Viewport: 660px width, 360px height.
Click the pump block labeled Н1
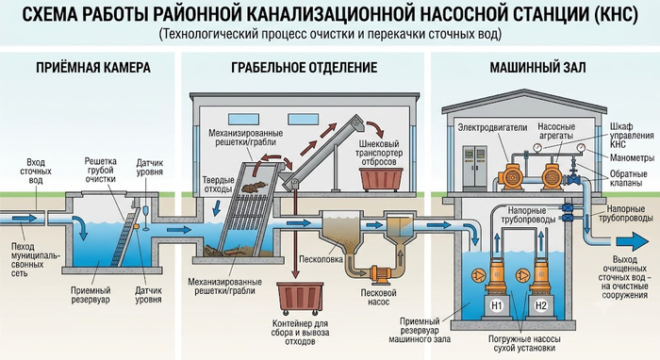coord(497,306)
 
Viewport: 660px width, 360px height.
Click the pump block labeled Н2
coord(540,306)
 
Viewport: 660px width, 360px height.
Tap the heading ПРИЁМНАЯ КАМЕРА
coord(93,67)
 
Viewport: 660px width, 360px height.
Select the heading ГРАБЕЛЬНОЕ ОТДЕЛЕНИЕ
coord(305,67)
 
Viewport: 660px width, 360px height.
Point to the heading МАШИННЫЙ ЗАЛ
coord(537,67)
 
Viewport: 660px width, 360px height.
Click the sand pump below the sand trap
coord(380,274)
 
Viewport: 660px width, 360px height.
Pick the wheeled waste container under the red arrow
coord(301,298)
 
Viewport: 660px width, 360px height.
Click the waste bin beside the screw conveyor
coord(381,180)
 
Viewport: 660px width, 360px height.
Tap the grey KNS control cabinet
coord(475,168)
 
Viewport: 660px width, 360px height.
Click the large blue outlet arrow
coord(633,242)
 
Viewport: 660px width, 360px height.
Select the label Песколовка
coord(321,259)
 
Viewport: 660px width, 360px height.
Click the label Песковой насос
coord(379,298)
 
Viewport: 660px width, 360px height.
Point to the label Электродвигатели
coord(492,127)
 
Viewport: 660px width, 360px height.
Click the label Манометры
coord(633,157)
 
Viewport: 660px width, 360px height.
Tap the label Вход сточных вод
coord(36,172)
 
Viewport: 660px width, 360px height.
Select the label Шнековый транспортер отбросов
coord(379,153)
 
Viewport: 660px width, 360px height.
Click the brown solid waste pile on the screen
coord(256,187)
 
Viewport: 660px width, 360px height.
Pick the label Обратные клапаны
coord(629,178)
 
